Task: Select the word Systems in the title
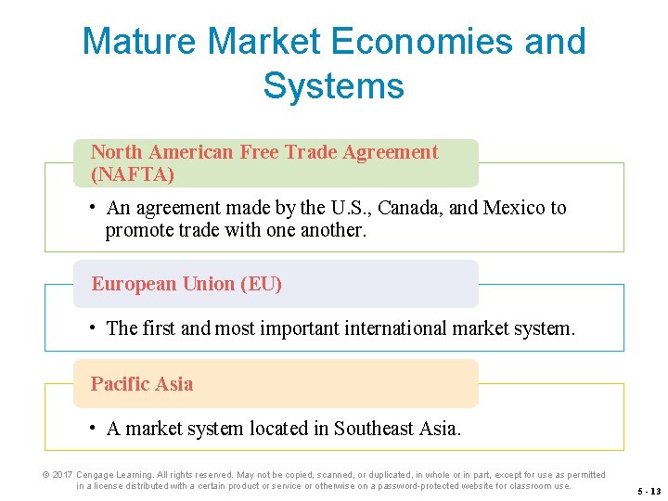coord(333,86)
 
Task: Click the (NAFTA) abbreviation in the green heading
coord(133,173)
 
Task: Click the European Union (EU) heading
coord(186,284)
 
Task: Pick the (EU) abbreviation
coord(261,284)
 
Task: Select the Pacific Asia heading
coord(142,384)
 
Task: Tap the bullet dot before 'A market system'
coord(94,428)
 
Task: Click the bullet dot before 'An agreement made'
coord(94,207)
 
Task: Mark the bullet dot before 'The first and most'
coord(94,328)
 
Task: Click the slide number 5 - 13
coord(649,491)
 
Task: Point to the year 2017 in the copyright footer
coord(62,475)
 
